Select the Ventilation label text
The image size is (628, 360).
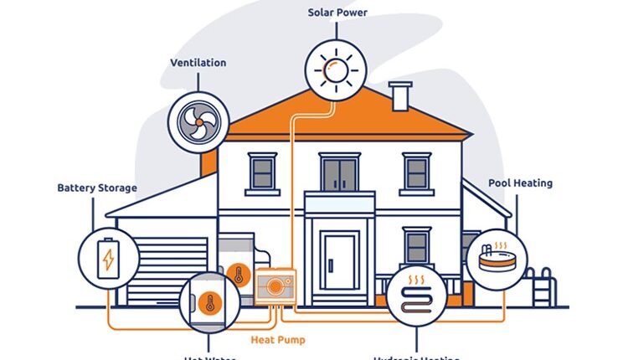pos(198,63)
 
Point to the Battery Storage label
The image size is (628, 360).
pos(96,188)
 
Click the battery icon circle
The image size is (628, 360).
pos(107,258)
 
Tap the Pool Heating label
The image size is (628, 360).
pos(521,183)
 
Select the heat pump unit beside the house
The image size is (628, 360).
pos(275,287)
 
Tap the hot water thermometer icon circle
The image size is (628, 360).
pos(208,301)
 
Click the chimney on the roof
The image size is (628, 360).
pos(399,95)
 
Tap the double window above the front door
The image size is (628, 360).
pos(340,173)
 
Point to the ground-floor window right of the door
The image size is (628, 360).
pos(416,246)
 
